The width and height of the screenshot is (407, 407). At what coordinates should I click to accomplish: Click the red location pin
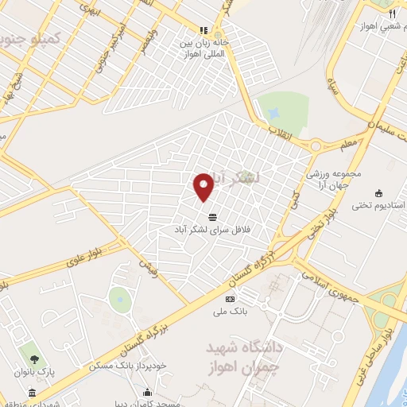click(x=203, y=187)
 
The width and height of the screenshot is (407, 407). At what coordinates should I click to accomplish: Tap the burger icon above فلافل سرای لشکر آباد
click(x=212, y=216)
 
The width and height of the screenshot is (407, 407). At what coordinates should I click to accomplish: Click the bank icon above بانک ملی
click(x=231, y=299)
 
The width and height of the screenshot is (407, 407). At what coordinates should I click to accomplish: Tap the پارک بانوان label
click(x=33, y=371)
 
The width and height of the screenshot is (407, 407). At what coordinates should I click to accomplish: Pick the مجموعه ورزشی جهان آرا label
click(x=335, y=180)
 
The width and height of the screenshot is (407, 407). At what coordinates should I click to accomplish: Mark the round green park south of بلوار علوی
click(x=120, y=299)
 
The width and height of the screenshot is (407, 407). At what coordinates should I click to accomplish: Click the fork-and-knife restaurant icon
click(x=390, y=14)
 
